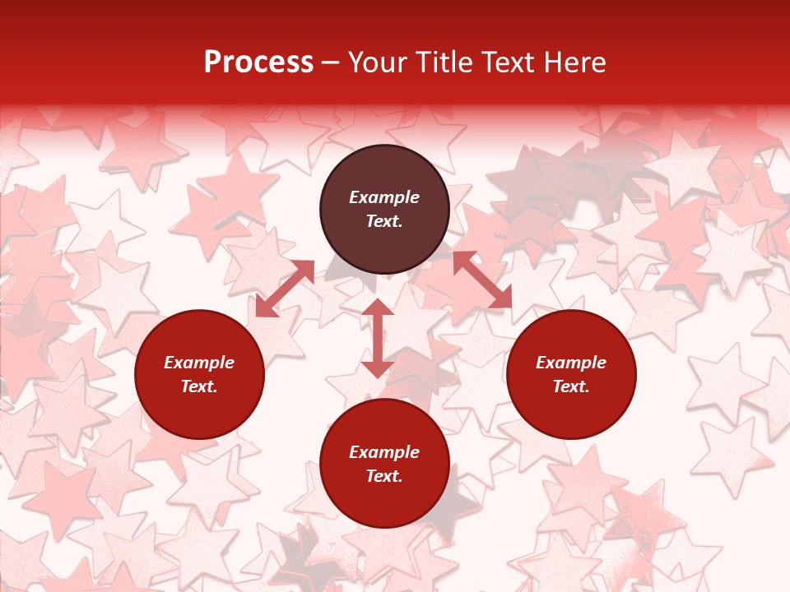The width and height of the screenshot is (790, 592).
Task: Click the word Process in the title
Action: coord(258,62)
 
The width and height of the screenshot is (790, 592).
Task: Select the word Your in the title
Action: coord(379,62)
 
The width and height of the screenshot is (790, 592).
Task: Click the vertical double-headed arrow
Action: coord(378,338)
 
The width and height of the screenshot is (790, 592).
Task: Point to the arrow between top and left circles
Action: coord(285,289)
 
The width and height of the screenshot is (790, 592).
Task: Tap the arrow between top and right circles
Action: coord(482,280)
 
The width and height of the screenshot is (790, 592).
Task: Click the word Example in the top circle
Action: coord(384,197)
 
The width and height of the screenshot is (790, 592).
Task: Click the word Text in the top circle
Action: coord(384,221)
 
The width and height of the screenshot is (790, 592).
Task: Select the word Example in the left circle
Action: coord(199,363)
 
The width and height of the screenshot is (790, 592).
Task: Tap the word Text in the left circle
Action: coord(199,386)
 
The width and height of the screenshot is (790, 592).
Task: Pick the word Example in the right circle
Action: coord(571,363)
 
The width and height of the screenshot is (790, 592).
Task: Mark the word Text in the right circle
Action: coord(571,386)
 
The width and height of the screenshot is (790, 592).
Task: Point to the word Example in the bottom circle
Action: coord(384,452)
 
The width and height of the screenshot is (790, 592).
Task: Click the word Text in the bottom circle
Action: coord(384,476)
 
